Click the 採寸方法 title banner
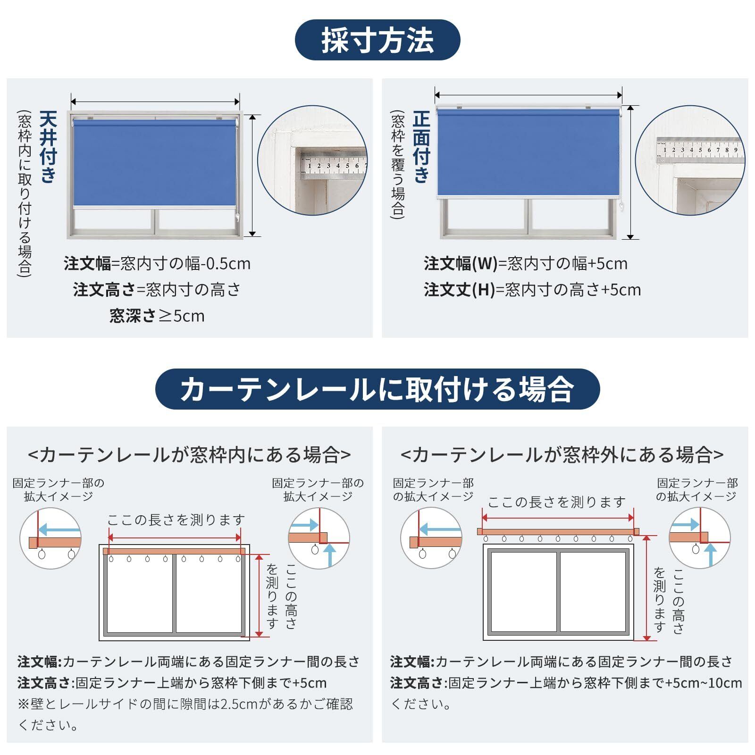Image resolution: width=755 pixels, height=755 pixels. tap(377, 40)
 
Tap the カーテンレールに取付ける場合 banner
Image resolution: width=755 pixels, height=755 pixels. tap(377, 389)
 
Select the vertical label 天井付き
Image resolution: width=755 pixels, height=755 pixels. tap(48, 147)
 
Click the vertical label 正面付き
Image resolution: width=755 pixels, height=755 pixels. tap(421, 147)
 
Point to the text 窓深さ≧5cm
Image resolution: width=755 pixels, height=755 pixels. tap(157, 316)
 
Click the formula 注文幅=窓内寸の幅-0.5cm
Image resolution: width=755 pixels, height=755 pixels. tap(157, 263)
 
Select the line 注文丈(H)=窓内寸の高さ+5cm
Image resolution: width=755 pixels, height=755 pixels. tap(532, 290)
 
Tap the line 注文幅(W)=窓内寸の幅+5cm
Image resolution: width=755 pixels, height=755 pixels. tap(526, 263)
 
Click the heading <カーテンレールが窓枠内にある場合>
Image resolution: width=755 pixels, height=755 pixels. tap(189, 455)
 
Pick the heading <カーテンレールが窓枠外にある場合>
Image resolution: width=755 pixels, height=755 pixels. tap(562, 455)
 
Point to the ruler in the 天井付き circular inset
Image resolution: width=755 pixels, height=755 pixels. tap(334, 166)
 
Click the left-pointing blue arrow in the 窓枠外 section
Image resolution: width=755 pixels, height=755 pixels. tap(439, 529)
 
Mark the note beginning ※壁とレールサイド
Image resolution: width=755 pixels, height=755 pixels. tap(185, 714)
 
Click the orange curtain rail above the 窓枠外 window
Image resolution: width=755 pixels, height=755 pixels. tap(558, 531)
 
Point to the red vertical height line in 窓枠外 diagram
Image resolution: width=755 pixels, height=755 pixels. tap(647, 588)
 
